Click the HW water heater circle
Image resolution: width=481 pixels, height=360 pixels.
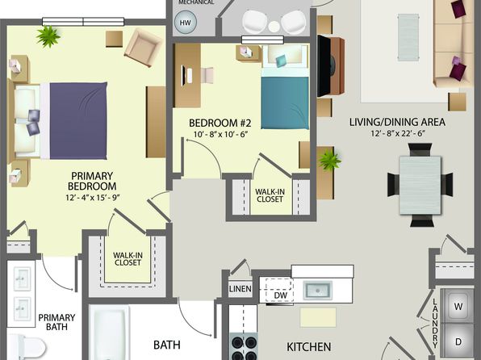click(x=185, y=23)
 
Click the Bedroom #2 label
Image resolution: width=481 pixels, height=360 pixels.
click(x=220, y=123)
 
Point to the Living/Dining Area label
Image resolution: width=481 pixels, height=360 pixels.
click(x=397, y=122)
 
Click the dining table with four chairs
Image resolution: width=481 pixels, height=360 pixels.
click(x=420, y=185)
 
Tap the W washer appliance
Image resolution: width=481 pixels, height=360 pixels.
click(x=458, y=306)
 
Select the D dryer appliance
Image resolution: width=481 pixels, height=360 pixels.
click(x=458, y=341)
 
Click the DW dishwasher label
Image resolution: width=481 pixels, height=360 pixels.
click(x=280, y=295)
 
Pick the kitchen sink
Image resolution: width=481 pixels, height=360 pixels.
click(x=317, y=290)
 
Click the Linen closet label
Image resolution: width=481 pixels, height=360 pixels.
click(x=240, y=289)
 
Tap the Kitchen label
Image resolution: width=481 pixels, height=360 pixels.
click(x=308, y=347)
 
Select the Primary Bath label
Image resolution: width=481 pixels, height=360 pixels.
click(x=56, y=322)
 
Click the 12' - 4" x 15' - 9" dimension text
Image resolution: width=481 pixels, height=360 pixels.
click(x=92, y=197)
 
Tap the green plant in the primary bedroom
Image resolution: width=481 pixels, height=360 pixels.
click(x=48, y=36)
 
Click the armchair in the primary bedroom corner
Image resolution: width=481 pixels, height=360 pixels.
click(x=143, y=48)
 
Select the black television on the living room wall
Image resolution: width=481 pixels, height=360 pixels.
click(x=324, y=66)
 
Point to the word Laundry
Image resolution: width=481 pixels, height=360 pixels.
click(x=435, y=323)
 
